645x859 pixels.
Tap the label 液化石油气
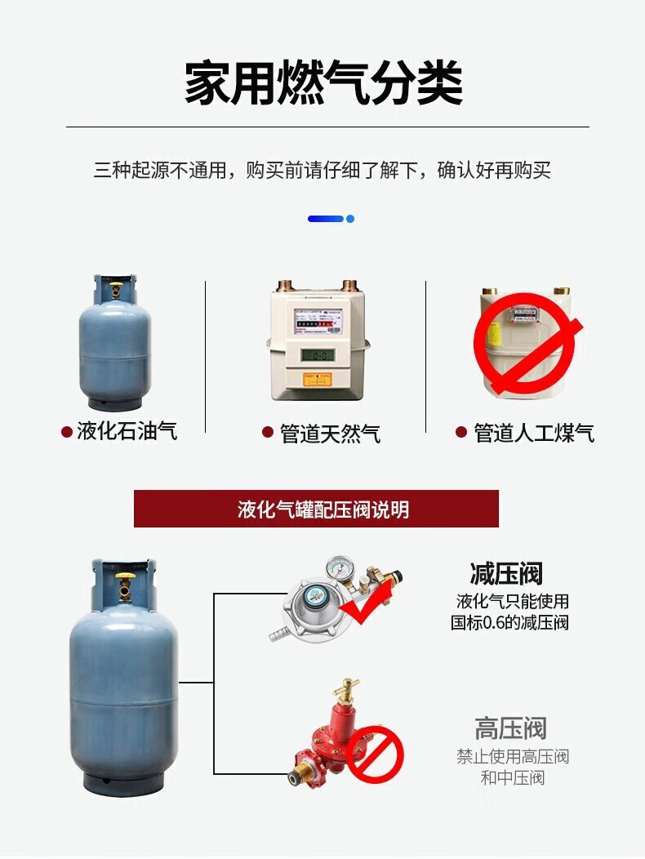coord(127,431)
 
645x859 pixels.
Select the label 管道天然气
coord(330,433)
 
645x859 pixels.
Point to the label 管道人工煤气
coord(534,433)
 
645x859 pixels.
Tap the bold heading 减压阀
coord(506,573)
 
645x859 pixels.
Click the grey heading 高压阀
coord(510,728)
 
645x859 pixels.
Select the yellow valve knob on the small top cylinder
coord(116,289)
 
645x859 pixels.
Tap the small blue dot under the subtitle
coord(350,219)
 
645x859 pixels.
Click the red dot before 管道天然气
coord(267,433)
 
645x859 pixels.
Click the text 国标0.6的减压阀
coord(510,623)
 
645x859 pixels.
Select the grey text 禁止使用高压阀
coord(512,756)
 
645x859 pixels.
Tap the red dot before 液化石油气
coord(66,432)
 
